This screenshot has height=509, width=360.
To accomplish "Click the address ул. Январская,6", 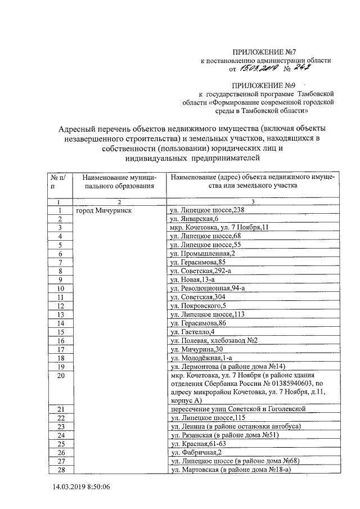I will point(195,219).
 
